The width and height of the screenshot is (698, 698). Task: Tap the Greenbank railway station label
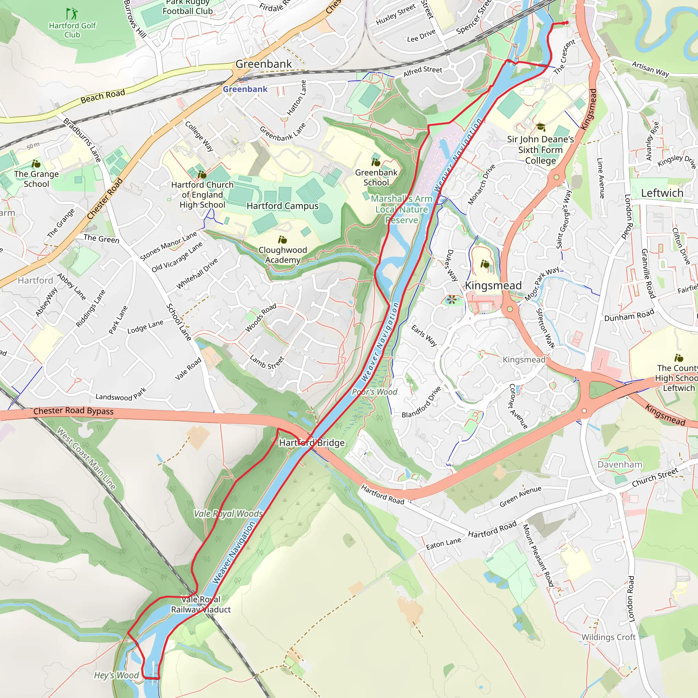(x=245, y=89)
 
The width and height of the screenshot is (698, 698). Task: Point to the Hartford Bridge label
(x=312, y=443)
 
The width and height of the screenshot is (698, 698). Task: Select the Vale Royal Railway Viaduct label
(x=201, y=604)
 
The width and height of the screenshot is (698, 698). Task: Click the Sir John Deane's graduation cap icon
(x=541, y=127)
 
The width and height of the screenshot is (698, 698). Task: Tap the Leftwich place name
(x=662, y=193)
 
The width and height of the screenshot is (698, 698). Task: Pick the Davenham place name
(x=620, y=465)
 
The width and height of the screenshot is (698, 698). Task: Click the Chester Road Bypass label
(x=73, y=411)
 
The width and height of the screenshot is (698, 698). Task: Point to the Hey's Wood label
(x=116, y=675)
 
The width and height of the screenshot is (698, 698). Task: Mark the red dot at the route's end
(x=566, y=23)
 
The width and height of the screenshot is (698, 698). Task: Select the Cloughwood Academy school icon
(x=283, y=240)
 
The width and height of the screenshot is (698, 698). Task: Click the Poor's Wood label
(x=374, y=392)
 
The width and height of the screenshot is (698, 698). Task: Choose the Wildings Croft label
(x=608, y=637)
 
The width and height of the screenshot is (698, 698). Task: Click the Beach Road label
(x=103, y=96)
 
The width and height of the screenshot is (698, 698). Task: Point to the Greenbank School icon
(x=376, y=162)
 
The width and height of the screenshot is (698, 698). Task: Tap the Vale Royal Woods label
(x=228, y=514)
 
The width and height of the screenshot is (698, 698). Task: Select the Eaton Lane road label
(x=443, y=543)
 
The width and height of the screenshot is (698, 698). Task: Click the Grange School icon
(x=36, y=164)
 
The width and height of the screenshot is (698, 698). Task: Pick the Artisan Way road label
(x=650, y=69)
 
